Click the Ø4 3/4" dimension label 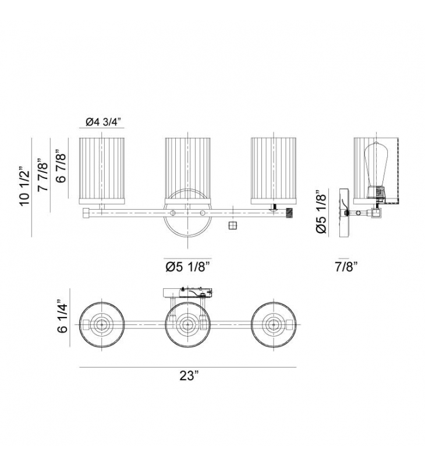click(x=104, y=122)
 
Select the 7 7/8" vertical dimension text click(x=42, y=175)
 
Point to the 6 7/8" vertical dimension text click(x=61, y=167)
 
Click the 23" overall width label click(x=189, y=376)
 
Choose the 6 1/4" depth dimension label click(x=63, y=316)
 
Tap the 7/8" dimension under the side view click(x=346, y=267)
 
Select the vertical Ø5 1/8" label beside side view click(x=321, y=211)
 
